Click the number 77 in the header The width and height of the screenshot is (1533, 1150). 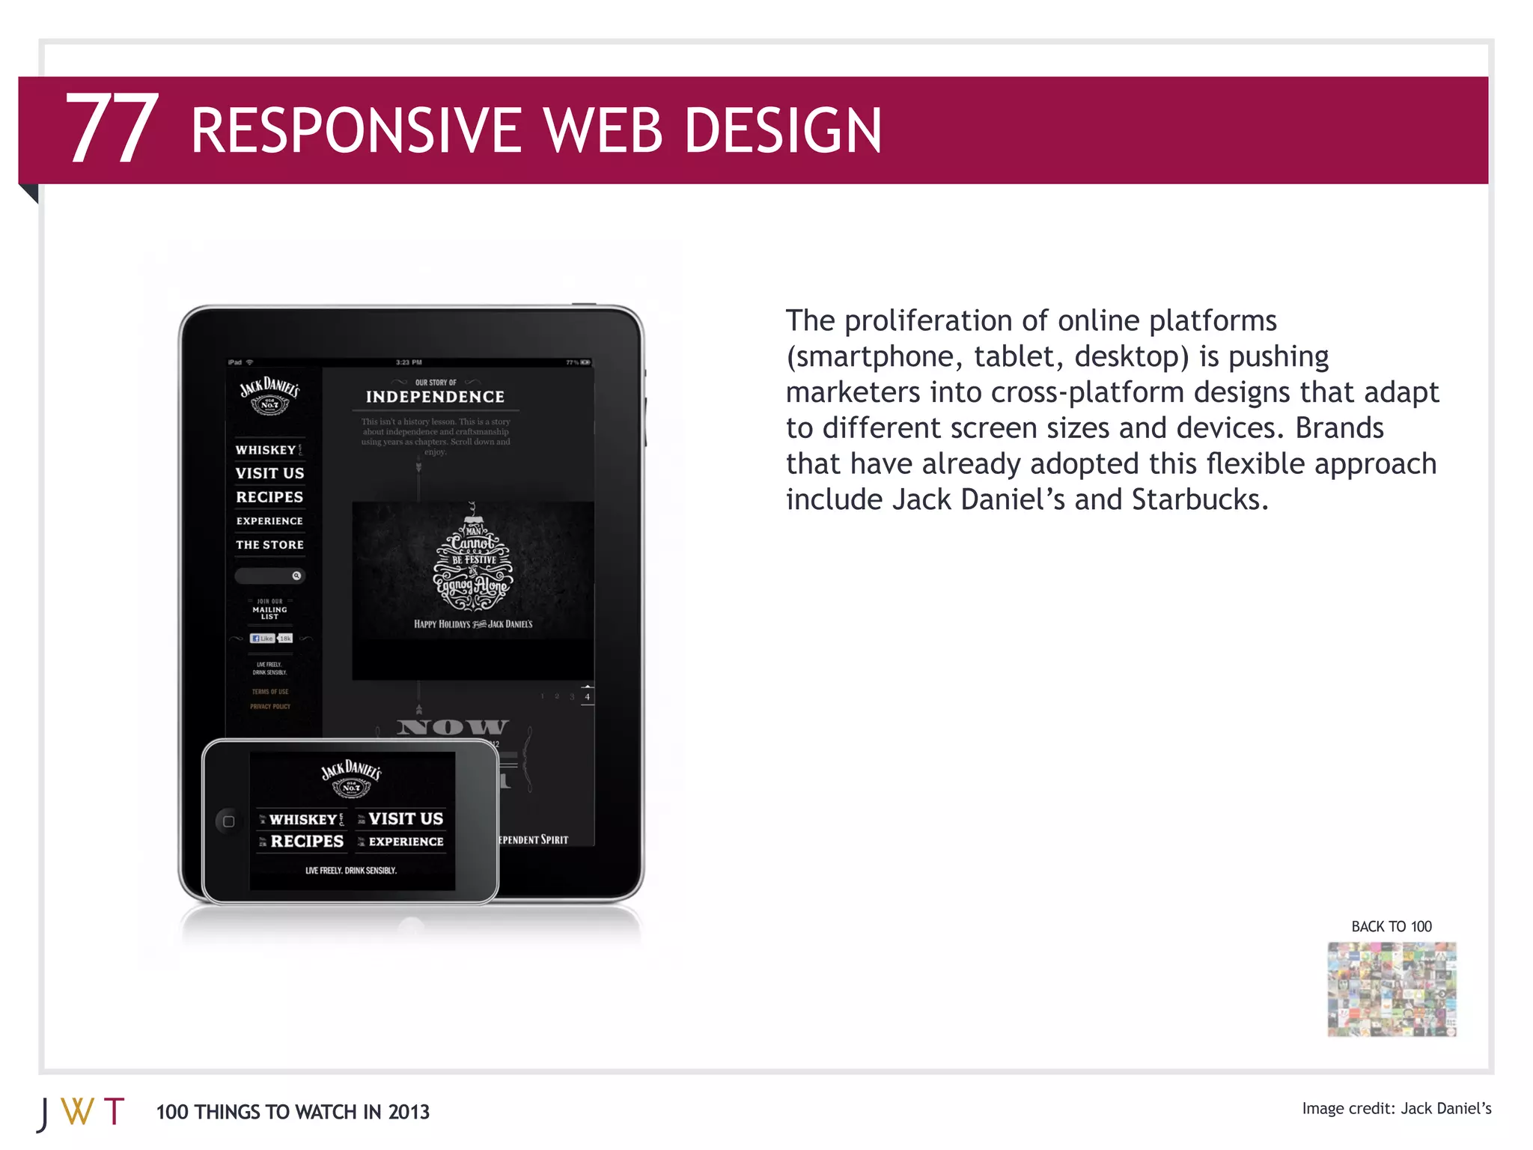coord(112,129)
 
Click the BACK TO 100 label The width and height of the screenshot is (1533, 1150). coord(1391,926)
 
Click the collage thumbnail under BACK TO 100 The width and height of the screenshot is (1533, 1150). coord(1392,989)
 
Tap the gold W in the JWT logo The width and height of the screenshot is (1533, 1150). coord(78,1112)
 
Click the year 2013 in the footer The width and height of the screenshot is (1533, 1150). coord(409,1112)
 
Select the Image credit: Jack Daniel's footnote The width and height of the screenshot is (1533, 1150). coord(1396,1108)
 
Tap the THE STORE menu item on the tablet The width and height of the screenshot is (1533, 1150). coord(269,545)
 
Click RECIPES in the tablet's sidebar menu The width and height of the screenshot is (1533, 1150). coord(269,497)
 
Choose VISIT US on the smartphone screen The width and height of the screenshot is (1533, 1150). coord(406,818)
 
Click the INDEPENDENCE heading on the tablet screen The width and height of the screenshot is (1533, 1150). coord(435,397)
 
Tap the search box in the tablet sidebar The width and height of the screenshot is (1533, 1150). coord(266,576)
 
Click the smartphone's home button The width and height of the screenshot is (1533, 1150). coord(228,821)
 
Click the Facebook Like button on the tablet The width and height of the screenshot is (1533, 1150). coord(262,639)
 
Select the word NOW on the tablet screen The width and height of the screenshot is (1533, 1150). coord(452,727)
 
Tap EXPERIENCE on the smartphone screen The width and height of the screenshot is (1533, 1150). coord(406,842)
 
